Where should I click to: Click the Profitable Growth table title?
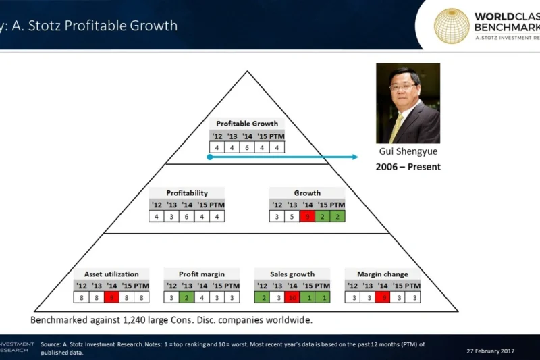tap(246, 124)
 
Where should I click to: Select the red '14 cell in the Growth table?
tap(307, 216)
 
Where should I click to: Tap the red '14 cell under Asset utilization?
tap(111, 297)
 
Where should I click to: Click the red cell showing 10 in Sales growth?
tap(292, 297)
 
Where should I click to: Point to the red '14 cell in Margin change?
tap(384, 297)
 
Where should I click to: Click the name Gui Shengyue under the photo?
tap(408, 152)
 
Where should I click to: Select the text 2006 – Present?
tap(408, 167)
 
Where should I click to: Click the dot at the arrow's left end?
tap(210, 157)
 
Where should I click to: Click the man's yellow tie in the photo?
tap(398, 125)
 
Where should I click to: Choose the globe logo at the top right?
tap(452, 26)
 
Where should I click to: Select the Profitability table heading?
tap(187, 192)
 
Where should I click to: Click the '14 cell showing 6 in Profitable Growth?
tap(246, 147)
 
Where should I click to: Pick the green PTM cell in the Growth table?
tap(337, 216)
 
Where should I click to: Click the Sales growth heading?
tap(292, 274)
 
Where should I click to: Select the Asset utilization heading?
tap(111, 274)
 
